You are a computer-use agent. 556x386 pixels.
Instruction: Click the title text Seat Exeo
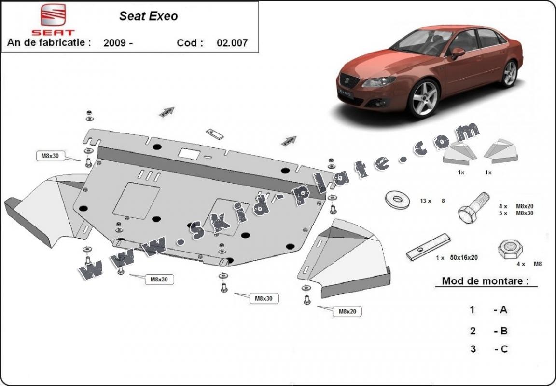tap(149, 16)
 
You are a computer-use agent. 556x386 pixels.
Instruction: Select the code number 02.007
tap(232, 42)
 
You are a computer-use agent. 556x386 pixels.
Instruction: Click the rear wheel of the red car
tap(510, 74)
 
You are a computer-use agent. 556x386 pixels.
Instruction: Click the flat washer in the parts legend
tap(398, 200)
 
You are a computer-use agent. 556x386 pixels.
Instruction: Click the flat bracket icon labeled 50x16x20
tap(428, 246)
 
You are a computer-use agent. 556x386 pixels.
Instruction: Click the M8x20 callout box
tap(347, 312)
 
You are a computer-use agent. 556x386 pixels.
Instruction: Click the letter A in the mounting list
tap(503, 310)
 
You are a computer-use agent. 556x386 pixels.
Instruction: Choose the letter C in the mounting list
tap(503, 349)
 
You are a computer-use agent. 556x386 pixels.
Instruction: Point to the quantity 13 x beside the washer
tap(425, 201)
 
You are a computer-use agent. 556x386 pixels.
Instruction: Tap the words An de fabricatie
tap(49, 42)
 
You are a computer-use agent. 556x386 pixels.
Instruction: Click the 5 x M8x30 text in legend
tap(516, 213)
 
